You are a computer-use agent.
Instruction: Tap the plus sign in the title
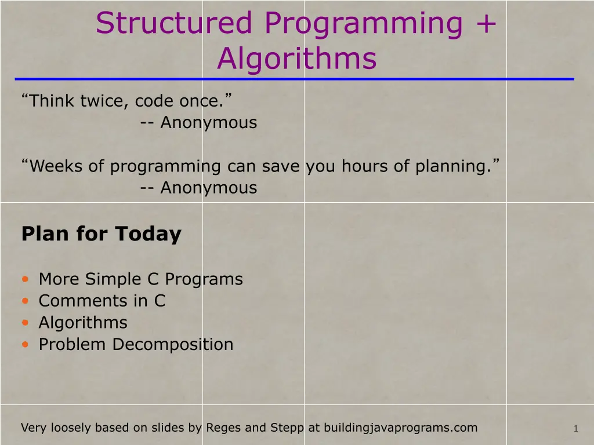click(x=486, y=23)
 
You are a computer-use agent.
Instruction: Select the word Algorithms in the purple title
click(x=297, y=59)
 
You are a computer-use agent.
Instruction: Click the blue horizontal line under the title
click(x=294, y=79)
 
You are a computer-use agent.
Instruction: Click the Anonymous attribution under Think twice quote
click(x=209, y=123)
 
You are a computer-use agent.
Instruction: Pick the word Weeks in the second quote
click(x=56, y=166)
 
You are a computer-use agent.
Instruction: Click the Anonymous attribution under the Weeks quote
click(x=209, y=188)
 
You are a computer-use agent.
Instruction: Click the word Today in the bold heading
click(x=148, y=234)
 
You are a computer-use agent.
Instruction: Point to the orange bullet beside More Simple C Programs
click(x=26, y=279)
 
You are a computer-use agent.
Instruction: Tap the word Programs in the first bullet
click(x=204, y=279)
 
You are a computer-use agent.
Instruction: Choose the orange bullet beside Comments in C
click(x=26, y=301)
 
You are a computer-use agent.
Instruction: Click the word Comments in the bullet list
click(x=82, y=301)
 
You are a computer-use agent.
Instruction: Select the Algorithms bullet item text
click(x=83, y=323)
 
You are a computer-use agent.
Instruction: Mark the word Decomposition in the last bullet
click(x=173, y=344)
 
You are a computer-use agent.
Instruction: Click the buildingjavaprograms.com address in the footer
click(x=400, y=428)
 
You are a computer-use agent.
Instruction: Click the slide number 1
click(x=576, y=429)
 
